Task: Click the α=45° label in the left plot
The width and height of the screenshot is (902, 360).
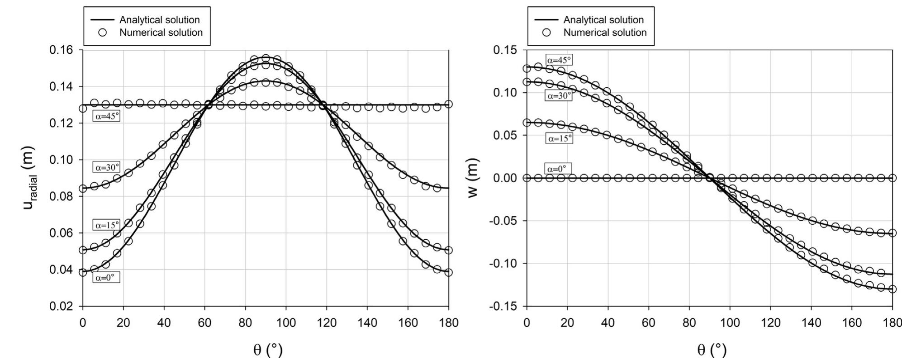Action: click(x=107, y=116)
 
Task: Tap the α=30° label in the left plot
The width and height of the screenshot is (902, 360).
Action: click(x=107, y=167)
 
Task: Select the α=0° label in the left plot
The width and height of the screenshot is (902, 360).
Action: click(x=107, y=278)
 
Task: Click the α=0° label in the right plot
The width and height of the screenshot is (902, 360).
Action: click(x=559, y=169)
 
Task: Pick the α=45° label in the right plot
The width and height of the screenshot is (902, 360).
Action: click(x=559, y=60)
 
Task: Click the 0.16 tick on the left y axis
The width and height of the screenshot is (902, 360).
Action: click(x=63, y=50)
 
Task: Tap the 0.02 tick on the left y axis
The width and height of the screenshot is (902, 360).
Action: click(x=63, y=307)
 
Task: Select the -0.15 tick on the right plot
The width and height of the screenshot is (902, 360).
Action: click(x=503, y=307)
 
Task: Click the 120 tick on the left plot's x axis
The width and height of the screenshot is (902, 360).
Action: click(x=327, y=323)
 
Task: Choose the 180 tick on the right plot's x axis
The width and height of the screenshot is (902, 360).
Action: click(x=892, y=323)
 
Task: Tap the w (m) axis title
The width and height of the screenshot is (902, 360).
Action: click(x=473, y=178)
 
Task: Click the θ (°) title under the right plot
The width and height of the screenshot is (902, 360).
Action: click(x=712, y=349)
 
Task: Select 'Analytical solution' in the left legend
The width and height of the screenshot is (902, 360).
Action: click(x=159, y=20)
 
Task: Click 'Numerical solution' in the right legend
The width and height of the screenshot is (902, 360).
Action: click(x=605, y=33)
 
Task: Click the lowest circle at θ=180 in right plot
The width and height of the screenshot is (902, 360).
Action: click(x=892, y=289)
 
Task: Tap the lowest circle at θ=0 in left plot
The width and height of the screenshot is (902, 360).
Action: click(x=83, y=272)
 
